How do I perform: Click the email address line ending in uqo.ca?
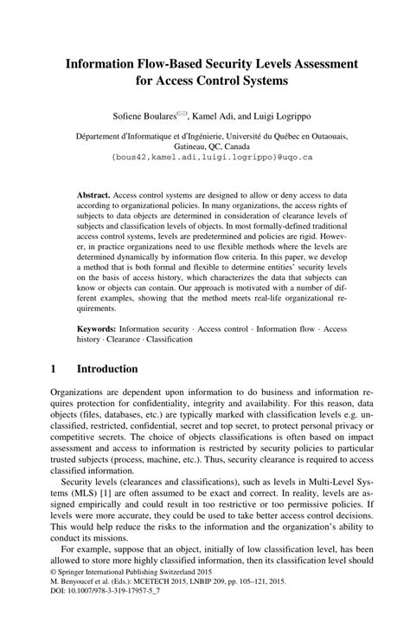(205, 159)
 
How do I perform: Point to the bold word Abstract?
(94, 197)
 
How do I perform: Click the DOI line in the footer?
(94, 614)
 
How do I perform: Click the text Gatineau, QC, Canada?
(205, 146)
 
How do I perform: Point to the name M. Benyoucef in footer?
(75, 604)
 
